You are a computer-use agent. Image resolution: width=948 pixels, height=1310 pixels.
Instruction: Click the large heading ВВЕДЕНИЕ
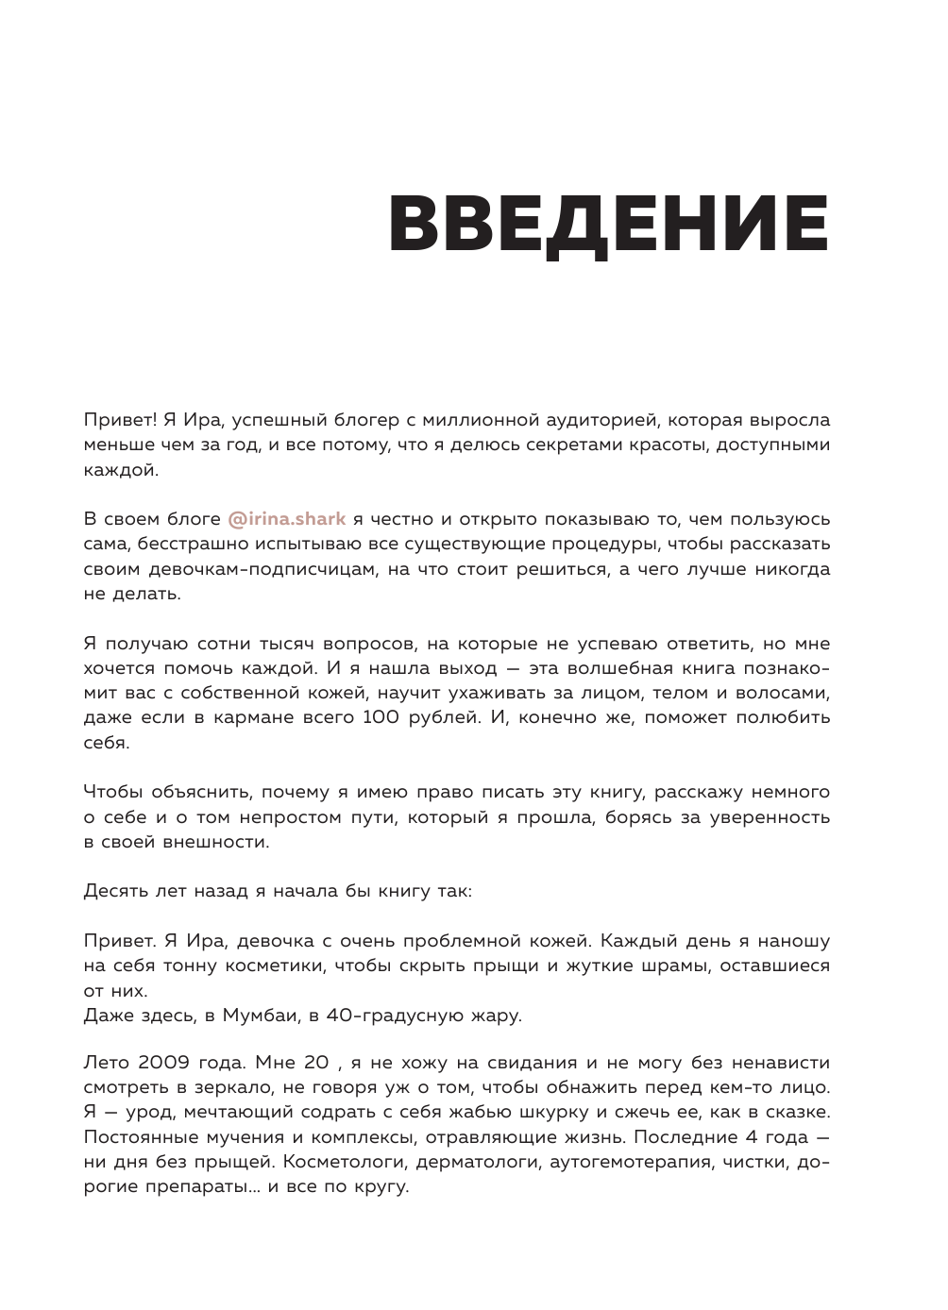click(x=608, y=225)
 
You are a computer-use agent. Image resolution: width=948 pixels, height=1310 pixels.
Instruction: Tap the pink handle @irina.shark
click(x=286, y=519)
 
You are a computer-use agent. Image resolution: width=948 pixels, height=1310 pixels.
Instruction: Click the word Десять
click(x=116, y=891)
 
